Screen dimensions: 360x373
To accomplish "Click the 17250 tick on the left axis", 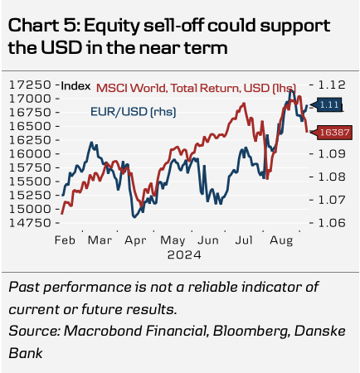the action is point(30,85).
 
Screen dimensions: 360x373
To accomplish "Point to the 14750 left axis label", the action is point(30,223).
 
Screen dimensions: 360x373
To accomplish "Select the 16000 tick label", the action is point(30,153).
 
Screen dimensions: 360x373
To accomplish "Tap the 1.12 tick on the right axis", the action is point(332,85).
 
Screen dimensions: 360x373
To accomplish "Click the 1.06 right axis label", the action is point(332,223).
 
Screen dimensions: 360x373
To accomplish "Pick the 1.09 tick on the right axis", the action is point(332,153).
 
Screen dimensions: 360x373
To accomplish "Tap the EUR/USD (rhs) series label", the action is point(134,112).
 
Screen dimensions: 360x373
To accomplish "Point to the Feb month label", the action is point(65,240).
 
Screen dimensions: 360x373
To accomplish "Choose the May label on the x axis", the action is point(173,240).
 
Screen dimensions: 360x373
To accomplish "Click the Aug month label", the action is point(281,240).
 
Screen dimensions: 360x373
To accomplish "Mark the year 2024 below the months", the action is point(184,254).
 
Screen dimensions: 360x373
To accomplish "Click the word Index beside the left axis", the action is point(75,86).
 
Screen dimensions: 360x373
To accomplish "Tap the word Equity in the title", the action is point(111,27).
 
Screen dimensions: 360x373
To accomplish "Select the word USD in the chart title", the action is point(61,47).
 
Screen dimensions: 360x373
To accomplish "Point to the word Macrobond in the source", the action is point(103,331).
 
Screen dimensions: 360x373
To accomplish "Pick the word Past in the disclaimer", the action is point(24,287).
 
